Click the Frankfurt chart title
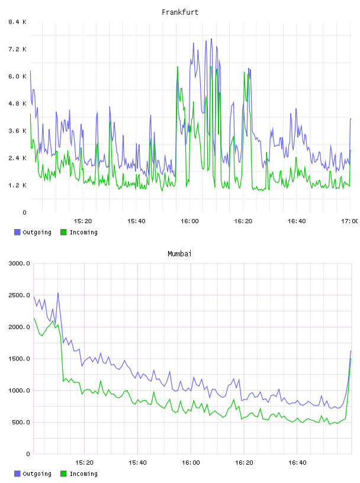(180, 12)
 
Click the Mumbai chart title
(179, 254)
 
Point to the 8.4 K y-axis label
(18, 22)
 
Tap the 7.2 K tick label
(18, 49)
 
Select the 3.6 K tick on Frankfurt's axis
(18, 131)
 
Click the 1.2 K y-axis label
(18, 185)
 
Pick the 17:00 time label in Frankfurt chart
(350, 221)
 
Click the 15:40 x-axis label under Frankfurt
(136, 221)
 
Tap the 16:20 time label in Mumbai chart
(244, 462)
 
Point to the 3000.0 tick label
(20, 263)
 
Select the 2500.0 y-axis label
(20, 295)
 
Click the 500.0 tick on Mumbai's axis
(21, 422)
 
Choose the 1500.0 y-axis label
(20, 359)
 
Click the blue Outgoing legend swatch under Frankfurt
(17, 232)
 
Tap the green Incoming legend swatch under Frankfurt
(63, 232)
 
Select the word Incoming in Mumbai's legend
(83, 474)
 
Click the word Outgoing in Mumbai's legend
(37, 474)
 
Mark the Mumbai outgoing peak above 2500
(58, 293)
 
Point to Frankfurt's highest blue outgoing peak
(211, 39)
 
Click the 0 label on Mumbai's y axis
(28, 454)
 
